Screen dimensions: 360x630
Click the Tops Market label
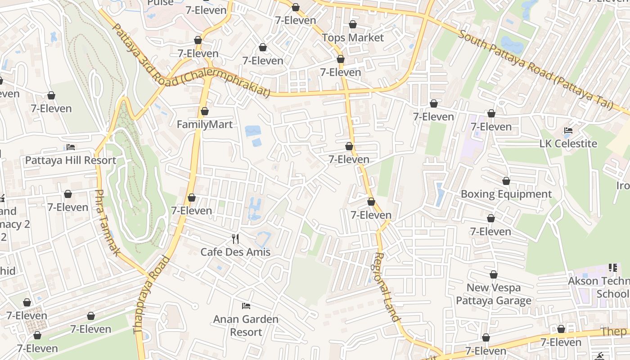pyautogui.click(x=353, y=38)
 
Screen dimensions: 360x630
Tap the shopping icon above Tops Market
pyautogui.click(x=353, y=24)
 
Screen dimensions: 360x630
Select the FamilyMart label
pyautogui.click(x=205, y=125)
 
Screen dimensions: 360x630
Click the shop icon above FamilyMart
pyautogui.click(x=205, y=111)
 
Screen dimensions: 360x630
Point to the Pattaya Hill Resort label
pyautogui.click(x=71, y=160)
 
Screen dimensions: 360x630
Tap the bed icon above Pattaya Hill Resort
pyautogui.click(x=71, y=147)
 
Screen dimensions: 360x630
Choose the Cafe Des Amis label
pyautogui.click(x=235, y=252)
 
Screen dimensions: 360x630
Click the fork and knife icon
pyautogui.click(x=235, y=238)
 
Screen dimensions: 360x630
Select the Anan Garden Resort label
pyautogui.click(x=246, y=326)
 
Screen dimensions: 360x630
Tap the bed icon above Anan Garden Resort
pyautogui.click(x=246, y=306)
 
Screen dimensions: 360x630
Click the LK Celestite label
pyautogui.click(x=568, y=144)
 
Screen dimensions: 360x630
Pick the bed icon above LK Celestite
pyautogui.click(x=568, y=130)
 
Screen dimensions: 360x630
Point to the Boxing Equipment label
pyautogui.click(x=506, y=194)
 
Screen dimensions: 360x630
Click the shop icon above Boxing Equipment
pyautogui.click(x=506, y=181)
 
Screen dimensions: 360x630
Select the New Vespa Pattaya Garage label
pyautogui.click(x=494, y=294)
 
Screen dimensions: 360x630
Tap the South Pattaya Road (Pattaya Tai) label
pyautogui.click(x=535, y=70)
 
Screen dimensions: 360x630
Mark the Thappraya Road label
pyautogui.click(x=152, y=295)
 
